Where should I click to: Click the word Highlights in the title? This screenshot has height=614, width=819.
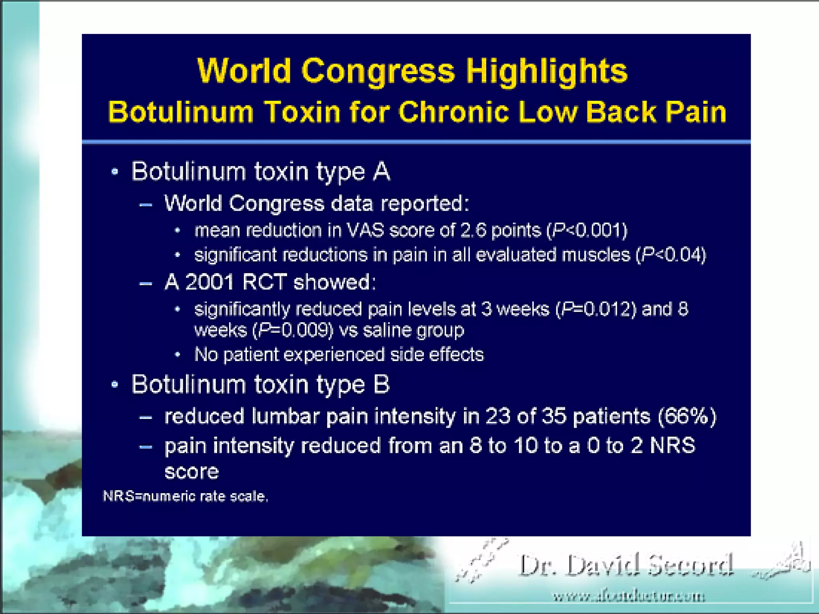(547, 71)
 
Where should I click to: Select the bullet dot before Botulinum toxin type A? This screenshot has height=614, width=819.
(115, 172)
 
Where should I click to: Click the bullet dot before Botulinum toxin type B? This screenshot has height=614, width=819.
(115, 385)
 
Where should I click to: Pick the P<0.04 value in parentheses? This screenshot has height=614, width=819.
(672, 255)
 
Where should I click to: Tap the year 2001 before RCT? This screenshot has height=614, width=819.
(210, 282)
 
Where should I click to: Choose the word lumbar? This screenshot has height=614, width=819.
(286, 417)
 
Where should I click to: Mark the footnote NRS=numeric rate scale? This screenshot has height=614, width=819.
(186, 496)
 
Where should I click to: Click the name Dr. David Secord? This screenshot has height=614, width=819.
(626, 565)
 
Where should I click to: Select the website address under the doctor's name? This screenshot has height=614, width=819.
(629, 597)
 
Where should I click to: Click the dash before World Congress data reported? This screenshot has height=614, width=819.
(146, 205)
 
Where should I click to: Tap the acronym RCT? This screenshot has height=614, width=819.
(264, 282)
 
